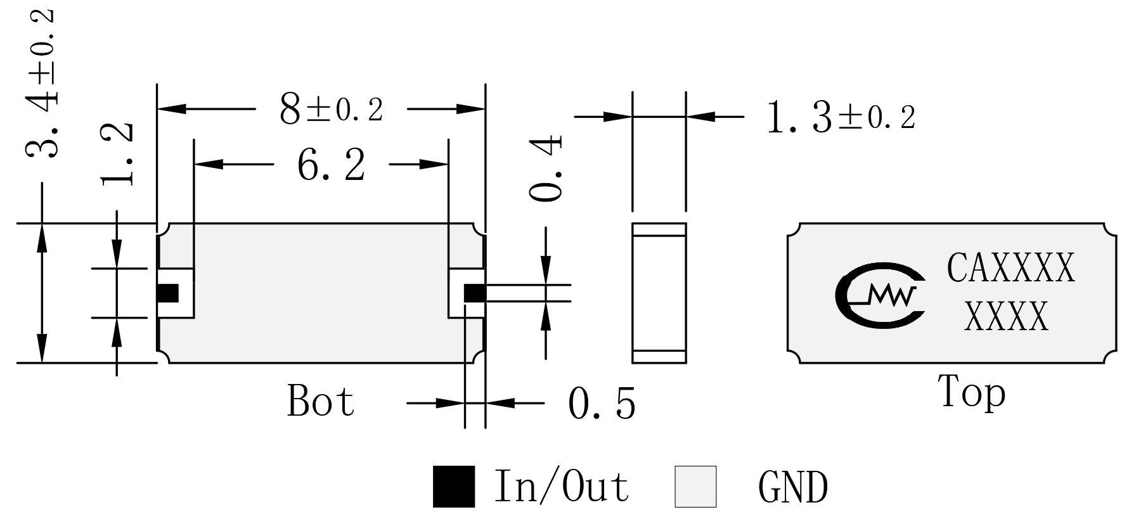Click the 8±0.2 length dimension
point(331,109)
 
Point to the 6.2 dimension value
point(331,166)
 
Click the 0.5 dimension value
point(601,404)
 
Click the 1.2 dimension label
point(117,153)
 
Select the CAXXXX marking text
point(1011,268)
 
